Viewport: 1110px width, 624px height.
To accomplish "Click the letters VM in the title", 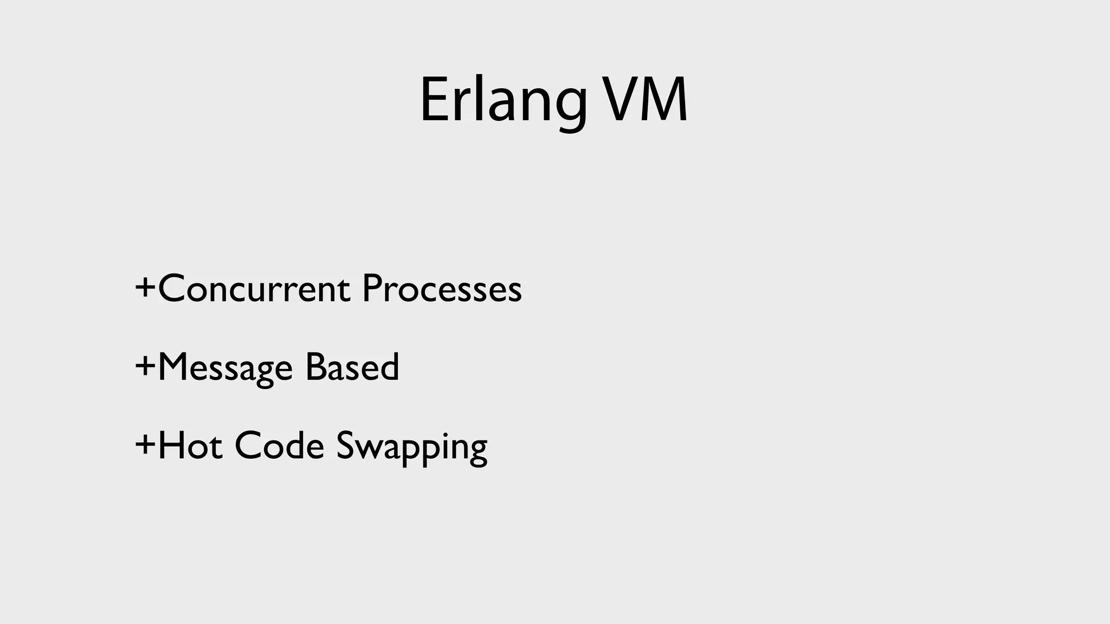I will [645, 101].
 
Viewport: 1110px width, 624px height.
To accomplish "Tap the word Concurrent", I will [254, 289].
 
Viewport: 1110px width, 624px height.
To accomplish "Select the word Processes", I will [442, 289].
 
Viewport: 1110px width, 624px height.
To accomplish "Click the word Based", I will [352, 367].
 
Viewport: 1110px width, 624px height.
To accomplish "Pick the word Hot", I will [190, 446].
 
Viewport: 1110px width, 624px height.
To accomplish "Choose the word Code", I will [279, 446].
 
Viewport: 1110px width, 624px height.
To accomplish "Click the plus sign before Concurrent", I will [145, 287].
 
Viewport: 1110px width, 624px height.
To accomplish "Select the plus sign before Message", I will [145, 366].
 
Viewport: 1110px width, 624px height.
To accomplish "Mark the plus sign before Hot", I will [145, 445].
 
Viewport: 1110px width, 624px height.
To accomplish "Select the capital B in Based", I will [316, 367].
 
